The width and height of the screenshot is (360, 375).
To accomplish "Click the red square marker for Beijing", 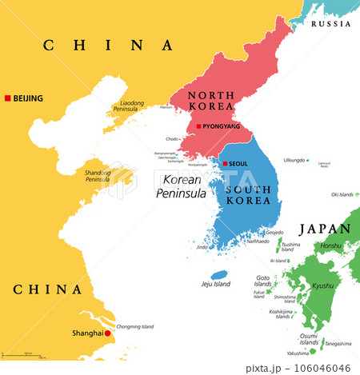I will click(x=8, y=98).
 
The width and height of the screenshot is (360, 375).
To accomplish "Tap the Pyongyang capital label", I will click(x=220, y=126).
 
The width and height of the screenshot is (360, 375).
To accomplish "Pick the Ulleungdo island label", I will click(x=294, y=160).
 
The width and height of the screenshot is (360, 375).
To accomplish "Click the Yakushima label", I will click(x=297, y=353).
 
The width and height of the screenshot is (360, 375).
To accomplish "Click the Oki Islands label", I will click(x=344, y=194).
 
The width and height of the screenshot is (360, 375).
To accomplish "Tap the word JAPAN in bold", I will click(x=324, y=229).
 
